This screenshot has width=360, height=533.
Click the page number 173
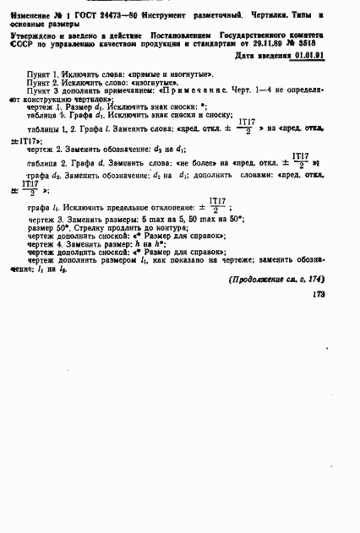click(319, 295)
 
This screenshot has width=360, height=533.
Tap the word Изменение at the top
click(29, 15)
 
